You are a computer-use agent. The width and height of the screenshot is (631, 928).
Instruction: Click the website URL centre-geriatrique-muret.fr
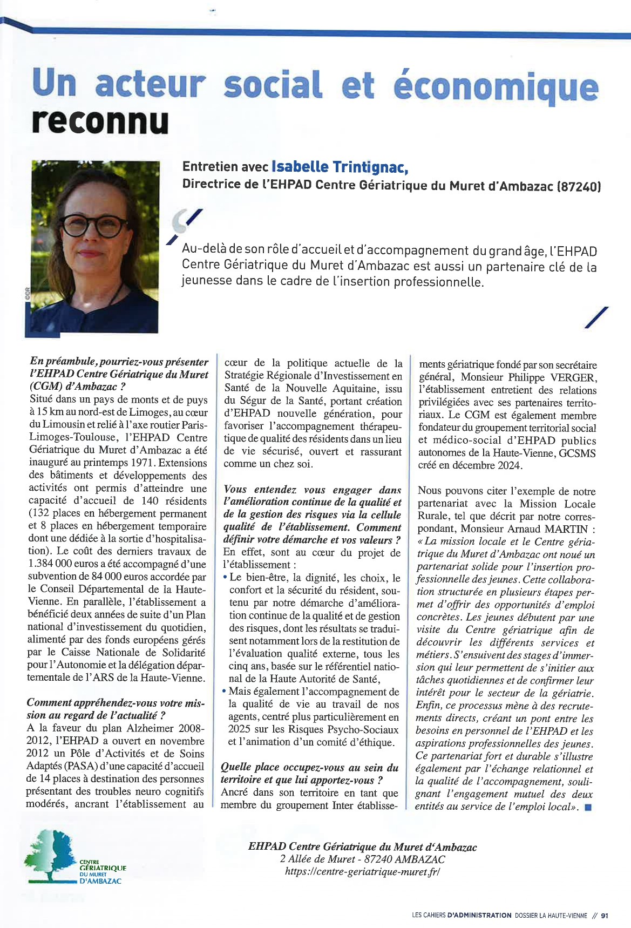coord(362,871)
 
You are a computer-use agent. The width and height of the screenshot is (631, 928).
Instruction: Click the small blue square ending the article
coord(588,808)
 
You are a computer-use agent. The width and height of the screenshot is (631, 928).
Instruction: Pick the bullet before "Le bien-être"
coord(225,578)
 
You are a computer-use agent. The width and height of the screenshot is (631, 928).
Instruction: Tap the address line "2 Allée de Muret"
coord(362,859)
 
